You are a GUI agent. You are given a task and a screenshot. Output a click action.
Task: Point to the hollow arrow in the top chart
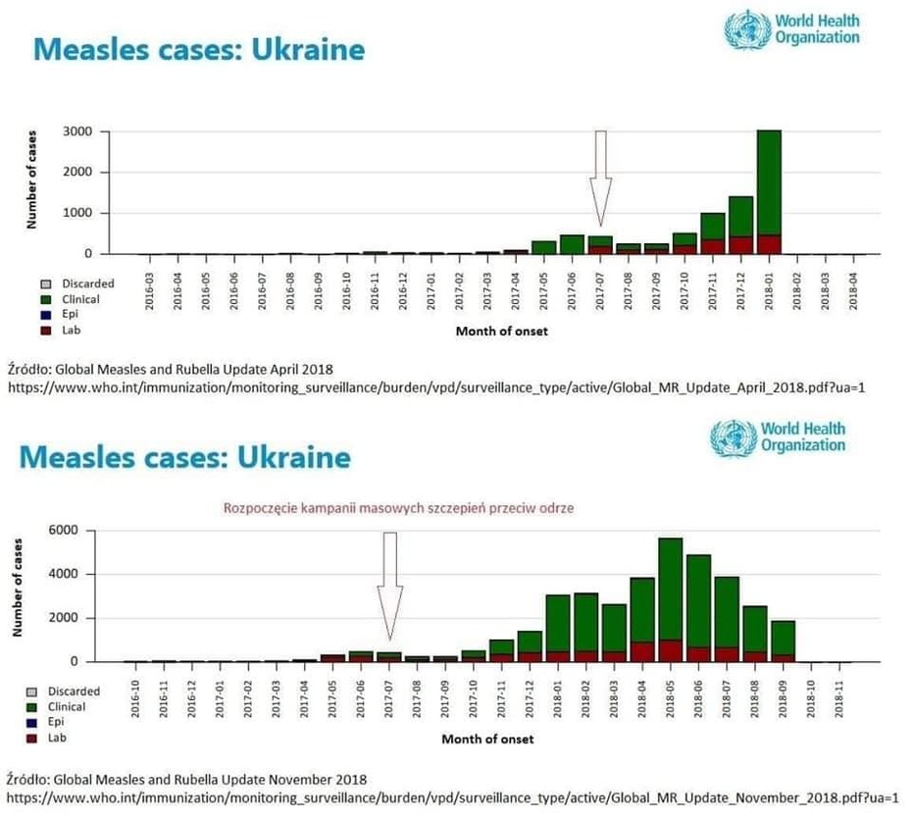pos(600,177)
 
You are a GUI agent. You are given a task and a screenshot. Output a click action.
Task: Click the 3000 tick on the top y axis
pos(78,131)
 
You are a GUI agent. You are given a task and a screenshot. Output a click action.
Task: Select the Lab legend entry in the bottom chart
pos(67,738)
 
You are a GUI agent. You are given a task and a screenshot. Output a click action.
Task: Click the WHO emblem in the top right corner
pos(746,28)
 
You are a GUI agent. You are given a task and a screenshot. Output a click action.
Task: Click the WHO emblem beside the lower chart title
pos(733,437)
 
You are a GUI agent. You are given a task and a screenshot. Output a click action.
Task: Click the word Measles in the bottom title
pos(84,457)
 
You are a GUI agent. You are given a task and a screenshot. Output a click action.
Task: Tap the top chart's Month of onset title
pos(501,332)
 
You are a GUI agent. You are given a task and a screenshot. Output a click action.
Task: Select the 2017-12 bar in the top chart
pos(740,225)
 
